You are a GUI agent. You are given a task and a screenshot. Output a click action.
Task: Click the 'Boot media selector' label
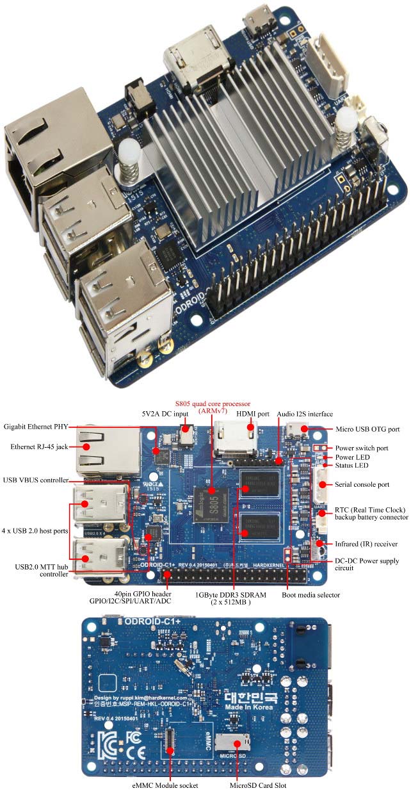point(310,595)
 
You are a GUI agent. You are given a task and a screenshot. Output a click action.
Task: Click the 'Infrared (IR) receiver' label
point(367,544)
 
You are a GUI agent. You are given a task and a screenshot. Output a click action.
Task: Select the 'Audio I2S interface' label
point(305,414)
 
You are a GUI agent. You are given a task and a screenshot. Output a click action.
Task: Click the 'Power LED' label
point(353,457)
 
